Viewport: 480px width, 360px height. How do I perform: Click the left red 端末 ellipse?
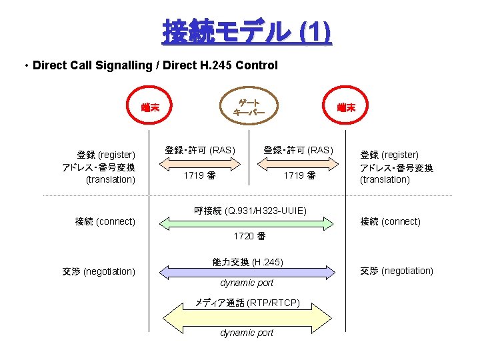[154, 107]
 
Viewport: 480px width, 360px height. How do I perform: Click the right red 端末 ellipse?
[346, 107]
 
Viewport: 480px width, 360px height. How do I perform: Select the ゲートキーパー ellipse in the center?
[249, 107]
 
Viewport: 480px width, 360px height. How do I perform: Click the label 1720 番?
[249, 237]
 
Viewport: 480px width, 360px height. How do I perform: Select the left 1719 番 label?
[200, 175]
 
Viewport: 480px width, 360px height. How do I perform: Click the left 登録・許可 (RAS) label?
[200, 150]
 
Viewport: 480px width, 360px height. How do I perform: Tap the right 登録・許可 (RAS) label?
[298, 150]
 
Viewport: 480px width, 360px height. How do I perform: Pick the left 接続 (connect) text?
[105, 221]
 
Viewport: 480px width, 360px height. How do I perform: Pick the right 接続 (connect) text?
[390, 221]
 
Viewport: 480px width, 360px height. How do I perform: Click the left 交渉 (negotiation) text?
[99, 271]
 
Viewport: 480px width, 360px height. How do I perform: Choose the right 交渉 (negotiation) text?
[397, 271]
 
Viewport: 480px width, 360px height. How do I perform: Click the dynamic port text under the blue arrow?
[247, 283]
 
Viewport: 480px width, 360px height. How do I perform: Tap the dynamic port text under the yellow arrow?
[247, 333]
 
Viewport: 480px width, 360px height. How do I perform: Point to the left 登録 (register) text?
[106, 155]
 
